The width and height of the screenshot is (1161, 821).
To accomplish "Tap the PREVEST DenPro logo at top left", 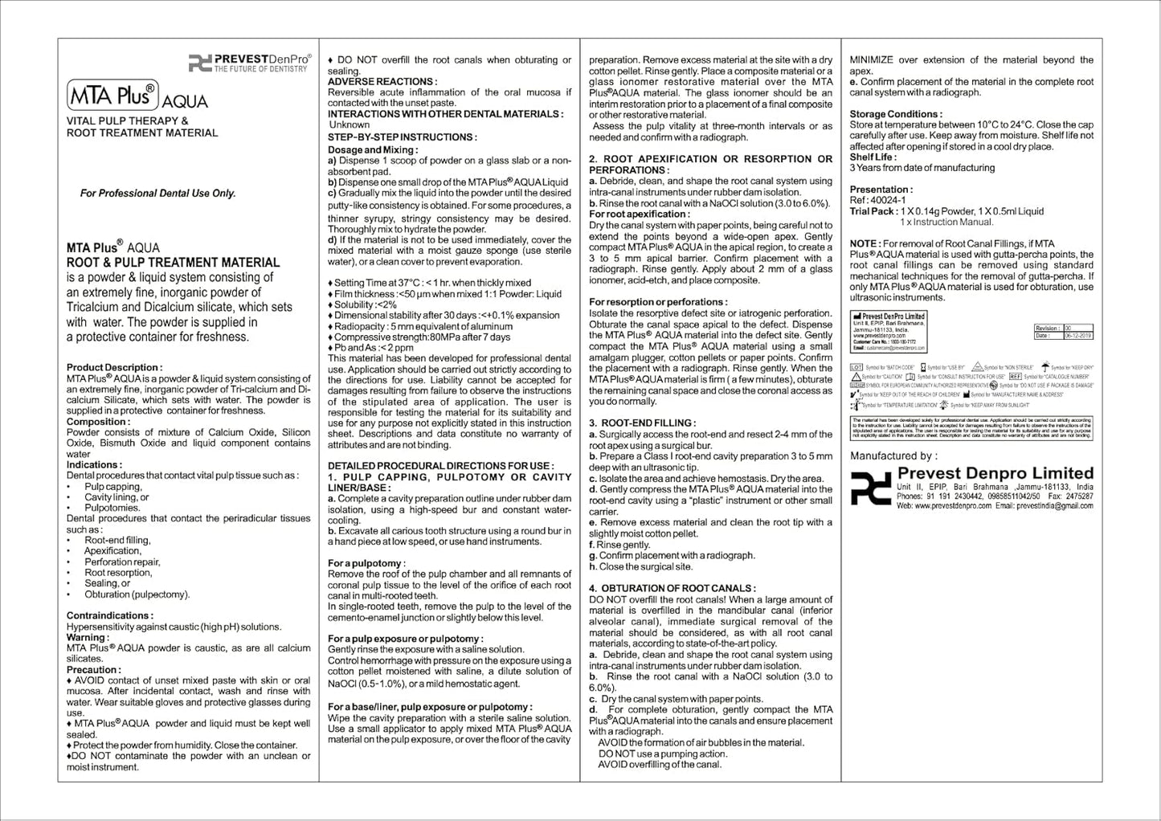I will (249, 63).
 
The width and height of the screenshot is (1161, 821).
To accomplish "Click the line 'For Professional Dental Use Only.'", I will (157, 193).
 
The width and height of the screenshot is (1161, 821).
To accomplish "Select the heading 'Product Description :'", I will (114, 367).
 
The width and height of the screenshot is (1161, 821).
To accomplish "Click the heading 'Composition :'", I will (98, 421).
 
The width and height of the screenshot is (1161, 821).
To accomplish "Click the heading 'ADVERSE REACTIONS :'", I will (382, 81).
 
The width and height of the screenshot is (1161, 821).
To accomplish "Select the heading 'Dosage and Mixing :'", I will (373, 149).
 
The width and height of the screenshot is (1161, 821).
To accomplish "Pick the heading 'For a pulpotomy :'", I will (366, 563).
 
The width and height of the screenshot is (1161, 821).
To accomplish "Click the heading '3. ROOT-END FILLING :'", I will (642, 423).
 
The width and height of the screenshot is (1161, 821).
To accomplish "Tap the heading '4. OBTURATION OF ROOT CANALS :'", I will (672, 588).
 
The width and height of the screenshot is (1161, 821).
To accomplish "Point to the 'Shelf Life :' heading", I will (873, 157).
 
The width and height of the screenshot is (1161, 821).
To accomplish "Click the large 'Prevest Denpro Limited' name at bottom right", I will (995, 473).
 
